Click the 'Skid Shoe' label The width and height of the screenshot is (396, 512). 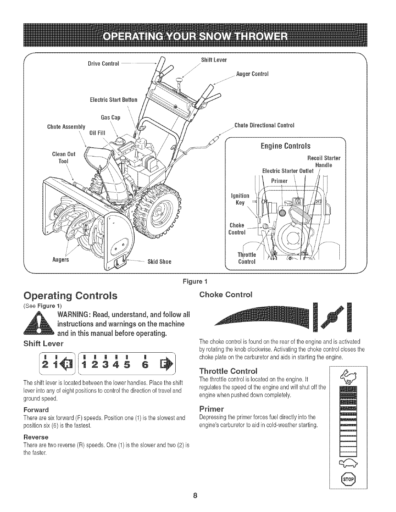159,261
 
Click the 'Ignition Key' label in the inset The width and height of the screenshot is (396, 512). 240,199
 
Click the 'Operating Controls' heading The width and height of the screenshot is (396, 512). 70,296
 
